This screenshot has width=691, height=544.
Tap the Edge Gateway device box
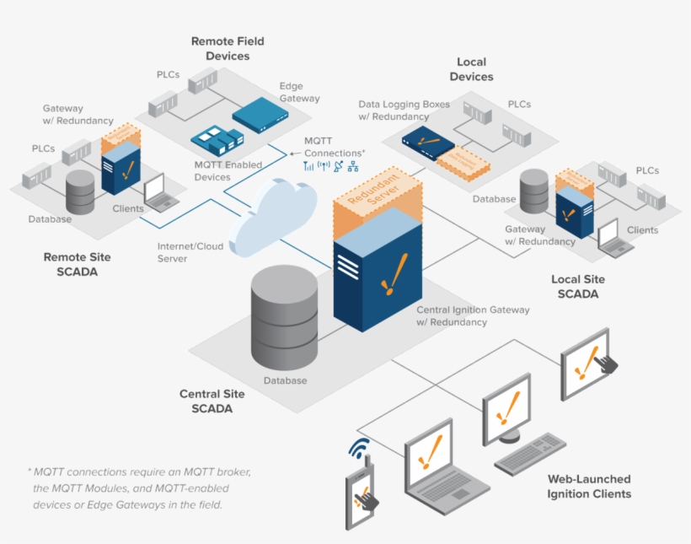click(260, 116)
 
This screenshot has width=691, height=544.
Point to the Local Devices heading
click(471, 69)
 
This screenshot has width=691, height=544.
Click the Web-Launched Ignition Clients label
click(589, 486)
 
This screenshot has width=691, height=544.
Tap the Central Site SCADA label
click(212, 401)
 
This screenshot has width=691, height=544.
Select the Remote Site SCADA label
click(77, 264)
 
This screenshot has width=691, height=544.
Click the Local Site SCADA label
click(577, 287)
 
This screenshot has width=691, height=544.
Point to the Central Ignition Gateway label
click(473, 315)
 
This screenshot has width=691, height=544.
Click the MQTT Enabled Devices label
click(228, 170)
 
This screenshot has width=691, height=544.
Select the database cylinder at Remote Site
click(80, 192)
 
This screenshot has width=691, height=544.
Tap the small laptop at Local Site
click(613, 238)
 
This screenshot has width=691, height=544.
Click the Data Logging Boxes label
click(404, 110)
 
